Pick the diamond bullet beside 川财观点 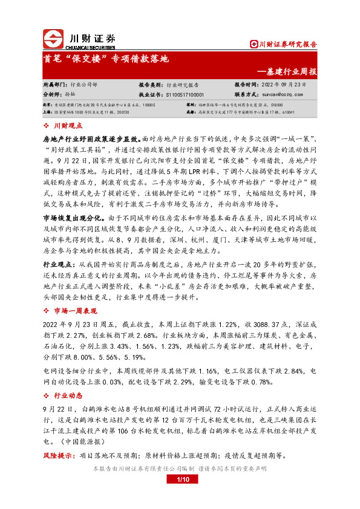coord(47,125)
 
